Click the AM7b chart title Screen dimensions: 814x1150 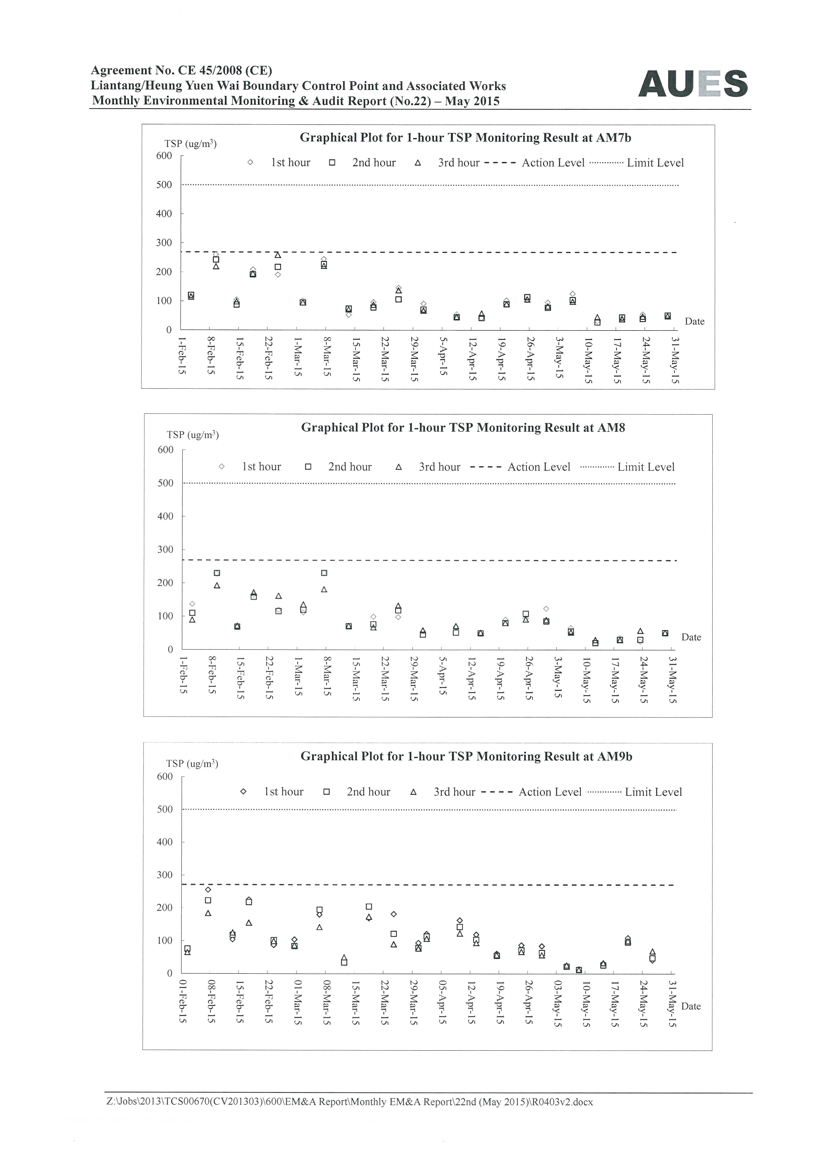tap(465, 138)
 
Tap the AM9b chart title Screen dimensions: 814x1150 tap(466, 756)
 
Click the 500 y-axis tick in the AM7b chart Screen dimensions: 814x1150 tap(164, 185)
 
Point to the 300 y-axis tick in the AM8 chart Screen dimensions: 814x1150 tap(166, 549)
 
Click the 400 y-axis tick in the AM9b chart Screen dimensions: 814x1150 tap(165, 842)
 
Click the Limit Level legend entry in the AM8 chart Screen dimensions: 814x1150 tap(627, 467)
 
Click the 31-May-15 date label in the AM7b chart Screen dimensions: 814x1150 tap(675, 360)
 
